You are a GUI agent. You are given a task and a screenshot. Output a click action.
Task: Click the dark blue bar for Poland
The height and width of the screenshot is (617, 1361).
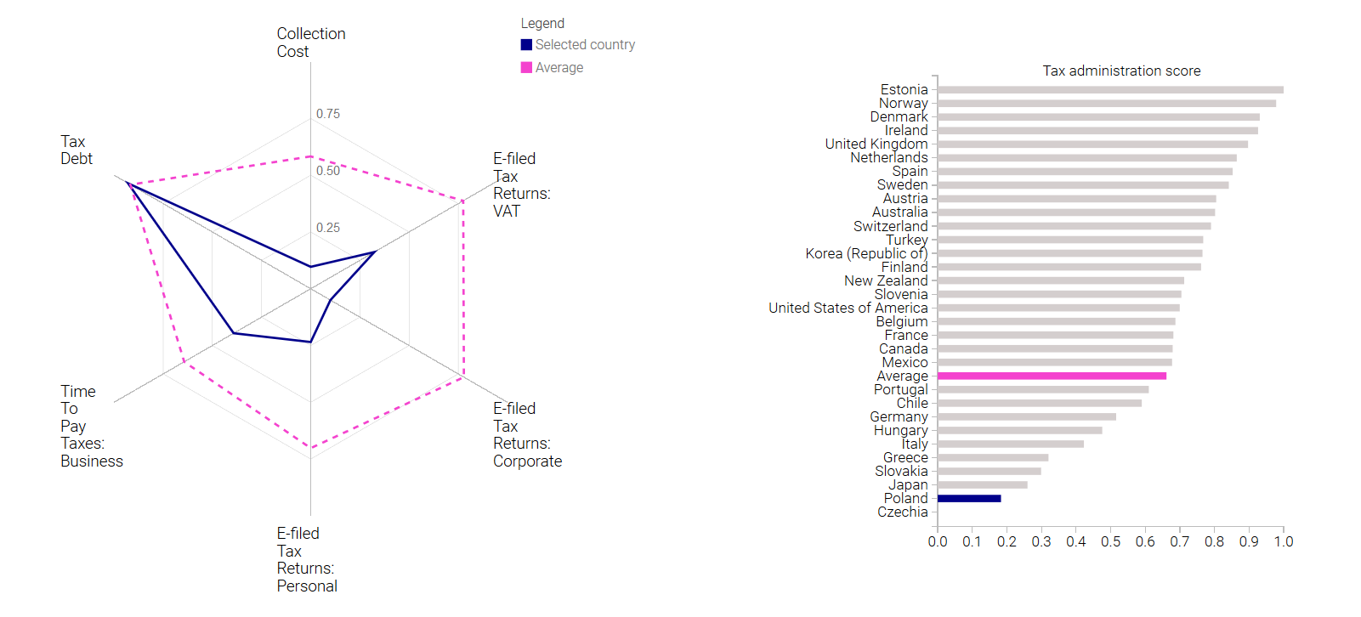(x=969, y=499)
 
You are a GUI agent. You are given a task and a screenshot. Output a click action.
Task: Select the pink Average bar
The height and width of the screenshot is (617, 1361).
(x=1052, y=376)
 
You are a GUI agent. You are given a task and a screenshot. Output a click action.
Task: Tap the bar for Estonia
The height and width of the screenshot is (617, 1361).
(x=1111, y=90)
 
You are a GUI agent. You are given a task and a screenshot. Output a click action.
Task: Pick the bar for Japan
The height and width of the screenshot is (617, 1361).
(x=983, y=484)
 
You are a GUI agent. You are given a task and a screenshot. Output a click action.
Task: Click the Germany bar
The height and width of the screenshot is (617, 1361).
(x=1027, y=416)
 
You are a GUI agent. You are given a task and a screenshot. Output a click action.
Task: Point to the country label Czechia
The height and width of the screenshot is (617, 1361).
(x=902, y=512)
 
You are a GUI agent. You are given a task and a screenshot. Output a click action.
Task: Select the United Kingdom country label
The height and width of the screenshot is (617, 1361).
(x=876, y=144)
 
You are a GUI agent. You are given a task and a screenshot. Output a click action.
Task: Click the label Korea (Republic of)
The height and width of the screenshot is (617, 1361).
(x=866, y=253)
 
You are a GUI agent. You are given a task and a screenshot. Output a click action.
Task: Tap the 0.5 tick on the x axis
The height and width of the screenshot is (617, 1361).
(x=1111, y=541)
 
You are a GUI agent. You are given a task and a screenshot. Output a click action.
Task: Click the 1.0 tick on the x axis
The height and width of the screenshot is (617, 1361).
(x=1284, y=541)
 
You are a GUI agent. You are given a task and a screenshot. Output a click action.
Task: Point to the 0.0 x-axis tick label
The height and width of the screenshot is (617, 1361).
(x=938, y=541)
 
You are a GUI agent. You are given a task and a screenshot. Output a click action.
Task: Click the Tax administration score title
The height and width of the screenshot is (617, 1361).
(x=1121, y=71)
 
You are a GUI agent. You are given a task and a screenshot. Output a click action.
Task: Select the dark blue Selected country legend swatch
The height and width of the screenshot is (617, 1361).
(x=526, y=44)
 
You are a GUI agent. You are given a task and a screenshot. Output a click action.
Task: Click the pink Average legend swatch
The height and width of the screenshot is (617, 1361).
(x=526, y=67)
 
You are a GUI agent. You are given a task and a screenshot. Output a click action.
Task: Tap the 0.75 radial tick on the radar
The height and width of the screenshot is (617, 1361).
(x=328, y=114)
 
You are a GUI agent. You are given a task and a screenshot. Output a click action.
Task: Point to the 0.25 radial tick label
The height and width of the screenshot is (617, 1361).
(x=328, y=228)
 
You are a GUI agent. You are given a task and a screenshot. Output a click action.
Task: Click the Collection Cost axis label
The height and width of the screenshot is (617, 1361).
(x=311, y=42)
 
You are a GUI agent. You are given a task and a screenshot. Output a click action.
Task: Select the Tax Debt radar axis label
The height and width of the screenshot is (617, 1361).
(x=77, y=150)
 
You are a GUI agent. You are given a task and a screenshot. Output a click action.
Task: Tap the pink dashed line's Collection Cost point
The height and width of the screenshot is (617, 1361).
(x=311, y=156)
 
